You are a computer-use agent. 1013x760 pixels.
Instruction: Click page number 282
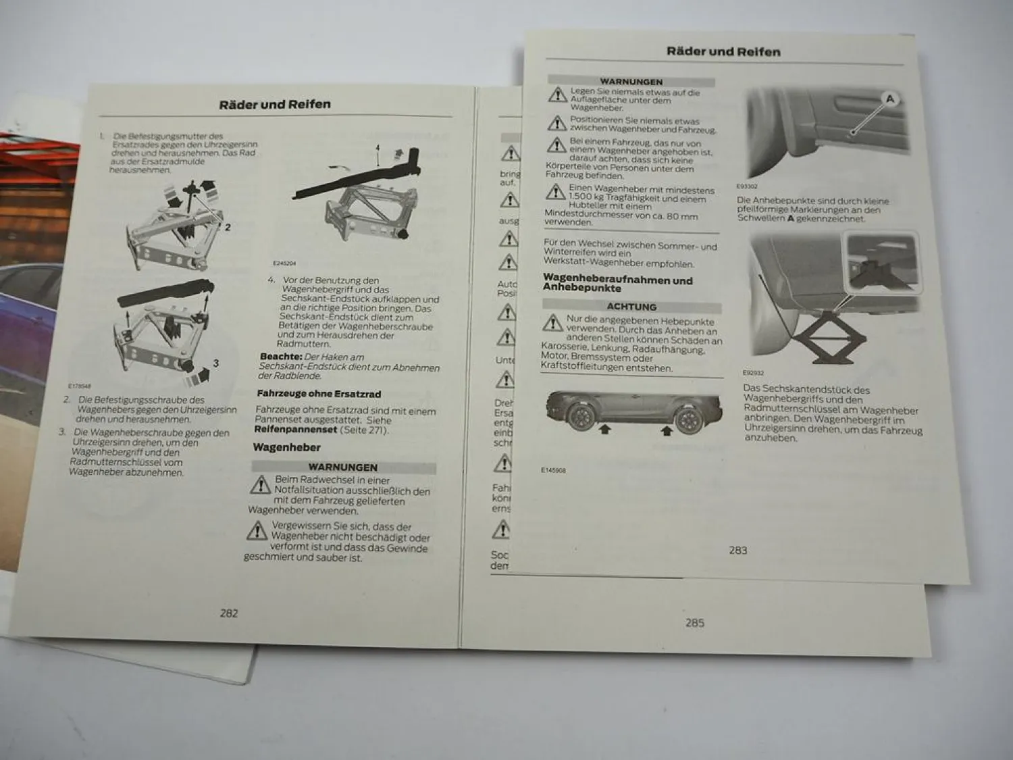coord(229,613)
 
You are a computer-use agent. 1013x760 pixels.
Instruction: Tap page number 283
coord(737,550)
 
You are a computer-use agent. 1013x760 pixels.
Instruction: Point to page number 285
coord(694,623)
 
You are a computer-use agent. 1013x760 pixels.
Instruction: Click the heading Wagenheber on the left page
coord(286,447)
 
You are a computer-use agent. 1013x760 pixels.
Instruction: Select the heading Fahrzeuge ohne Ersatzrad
coord(319,393)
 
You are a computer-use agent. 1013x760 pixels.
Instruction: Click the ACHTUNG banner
coord(631,307)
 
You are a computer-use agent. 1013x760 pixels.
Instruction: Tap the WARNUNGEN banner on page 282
coord(342,467)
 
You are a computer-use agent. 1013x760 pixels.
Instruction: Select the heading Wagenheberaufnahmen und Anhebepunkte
coord(617,282)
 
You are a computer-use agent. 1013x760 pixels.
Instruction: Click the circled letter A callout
coord(889,99)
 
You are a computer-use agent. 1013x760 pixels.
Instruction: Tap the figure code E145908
coord(553,470)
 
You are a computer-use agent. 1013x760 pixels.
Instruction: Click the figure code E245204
coord(284,263)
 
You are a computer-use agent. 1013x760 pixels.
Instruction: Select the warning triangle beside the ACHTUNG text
coord(552,323)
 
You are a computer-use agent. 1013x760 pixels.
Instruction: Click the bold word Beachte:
coord(280,357)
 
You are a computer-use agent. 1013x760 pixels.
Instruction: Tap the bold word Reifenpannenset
coord(295,430)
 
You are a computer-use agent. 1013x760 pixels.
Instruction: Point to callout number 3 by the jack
coord(215,363)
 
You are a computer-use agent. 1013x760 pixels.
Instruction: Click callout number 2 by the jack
coord(228,227)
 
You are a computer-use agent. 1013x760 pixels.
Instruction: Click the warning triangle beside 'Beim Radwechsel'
coord(260,484)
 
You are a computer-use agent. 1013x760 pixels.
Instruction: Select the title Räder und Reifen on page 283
coord(723,51)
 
